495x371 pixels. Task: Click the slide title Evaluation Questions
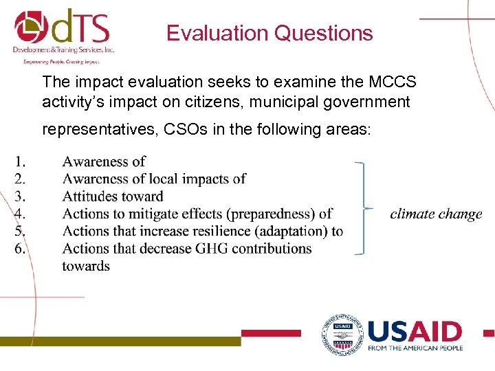(269, 33)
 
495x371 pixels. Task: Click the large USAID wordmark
(415, 332)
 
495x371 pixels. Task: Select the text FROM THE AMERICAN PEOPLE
(415, 348)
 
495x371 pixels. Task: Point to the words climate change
(436, 214)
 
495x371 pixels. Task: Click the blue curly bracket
(363, 208)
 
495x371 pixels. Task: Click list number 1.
(21, 162)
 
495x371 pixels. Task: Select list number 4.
(21, 214)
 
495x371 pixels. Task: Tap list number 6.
(21, 248)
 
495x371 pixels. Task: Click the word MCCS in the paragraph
(392, 82)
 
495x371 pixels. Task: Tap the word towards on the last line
(86, 266)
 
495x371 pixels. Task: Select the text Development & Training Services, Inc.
(63, 49)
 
